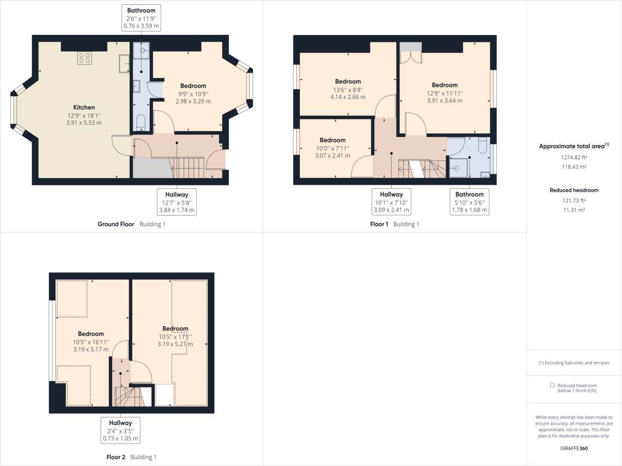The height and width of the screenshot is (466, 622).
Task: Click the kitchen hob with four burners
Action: (84, 58)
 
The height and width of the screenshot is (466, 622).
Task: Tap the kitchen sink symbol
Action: (123, 64)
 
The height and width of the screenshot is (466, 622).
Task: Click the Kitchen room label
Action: (84, 107)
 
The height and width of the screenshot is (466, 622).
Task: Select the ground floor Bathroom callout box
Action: (141, 18)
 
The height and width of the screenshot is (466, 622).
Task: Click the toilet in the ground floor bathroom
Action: (139, 122)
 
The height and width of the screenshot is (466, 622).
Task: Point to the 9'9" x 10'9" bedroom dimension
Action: (193, 94)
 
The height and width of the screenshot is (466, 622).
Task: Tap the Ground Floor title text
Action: (116, 224)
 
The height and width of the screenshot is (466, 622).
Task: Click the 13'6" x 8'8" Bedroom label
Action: (347, 82)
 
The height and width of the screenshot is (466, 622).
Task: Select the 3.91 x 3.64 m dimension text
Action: (444, 101)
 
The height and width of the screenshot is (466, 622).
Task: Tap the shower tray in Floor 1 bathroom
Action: (457, 168)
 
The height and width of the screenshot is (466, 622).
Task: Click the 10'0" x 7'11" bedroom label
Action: (332, 140)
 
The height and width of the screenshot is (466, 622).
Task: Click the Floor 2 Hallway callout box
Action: (120, 430)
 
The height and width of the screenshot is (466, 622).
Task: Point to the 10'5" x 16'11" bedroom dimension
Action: (91, 342)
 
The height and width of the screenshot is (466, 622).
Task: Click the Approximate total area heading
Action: (572, 146)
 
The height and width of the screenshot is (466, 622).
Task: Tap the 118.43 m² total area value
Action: (574, 167)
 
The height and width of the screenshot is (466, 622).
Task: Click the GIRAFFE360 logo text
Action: (574, 448)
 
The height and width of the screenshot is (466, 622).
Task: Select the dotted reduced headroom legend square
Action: (552, 385)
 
